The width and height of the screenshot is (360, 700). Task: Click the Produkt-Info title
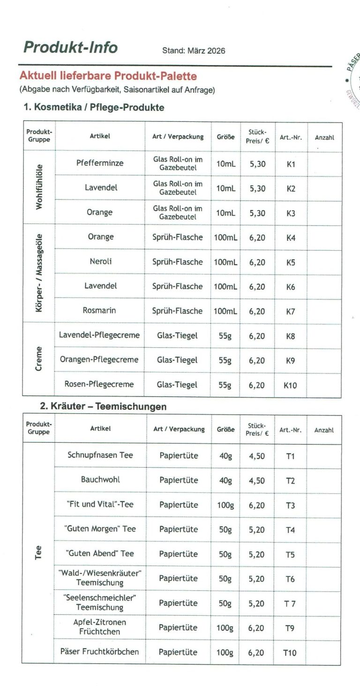pos(70,47)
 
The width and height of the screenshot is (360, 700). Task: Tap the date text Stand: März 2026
pos(193,51)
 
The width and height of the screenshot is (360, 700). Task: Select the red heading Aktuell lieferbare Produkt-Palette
pos(108,76)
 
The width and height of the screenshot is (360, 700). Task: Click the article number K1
pos(291,164)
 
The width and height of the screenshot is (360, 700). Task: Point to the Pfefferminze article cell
pos(100,163)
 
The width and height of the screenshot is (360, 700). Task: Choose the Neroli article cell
pos(100,261)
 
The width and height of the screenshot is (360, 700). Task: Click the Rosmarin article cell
pos(99,310)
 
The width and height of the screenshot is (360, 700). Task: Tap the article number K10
pos(290,386)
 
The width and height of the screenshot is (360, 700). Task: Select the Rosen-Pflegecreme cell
pos(99,384)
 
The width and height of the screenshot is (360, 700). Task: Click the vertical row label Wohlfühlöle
pos(39,186)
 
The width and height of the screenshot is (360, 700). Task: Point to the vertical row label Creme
pos(39,359)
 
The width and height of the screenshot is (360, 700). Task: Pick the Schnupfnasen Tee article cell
pos(100,455)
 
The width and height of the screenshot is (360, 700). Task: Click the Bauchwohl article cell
pos(100,480)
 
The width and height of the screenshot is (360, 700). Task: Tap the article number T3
pos(290,506)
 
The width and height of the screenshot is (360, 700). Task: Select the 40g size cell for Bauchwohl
pos(225,480)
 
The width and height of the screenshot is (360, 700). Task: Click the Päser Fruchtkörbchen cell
pos(99,652)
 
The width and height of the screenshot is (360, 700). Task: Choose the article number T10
pos(290,653)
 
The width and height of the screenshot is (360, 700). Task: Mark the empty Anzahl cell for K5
pos(324,262)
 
